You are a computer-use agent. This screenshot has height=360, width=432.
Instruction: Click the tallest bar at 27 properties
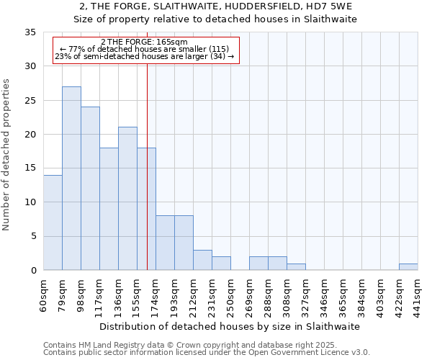[x=71, y=179]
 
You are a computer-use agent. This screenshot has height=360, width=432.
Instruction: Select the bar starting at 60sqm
[x=53, y=222]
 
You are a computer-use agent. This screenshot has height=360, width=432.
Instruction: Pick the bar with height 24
[x=90, y=189]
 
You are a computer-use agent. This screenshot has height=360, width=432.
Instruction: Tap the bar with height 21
[x=127, y=199]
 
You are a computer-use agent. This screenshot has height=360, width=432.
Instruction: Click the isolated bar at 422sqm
[x=408, y=267]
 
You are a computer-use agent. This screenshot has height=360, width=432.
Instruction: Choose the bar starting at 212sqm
[x=202, y=260]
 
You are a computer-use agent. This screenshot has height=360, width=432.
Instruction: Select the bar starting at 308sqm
[x=296, y=267]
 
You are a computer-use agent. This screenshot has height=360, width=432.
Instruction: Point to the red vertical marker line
[x=147, y=180]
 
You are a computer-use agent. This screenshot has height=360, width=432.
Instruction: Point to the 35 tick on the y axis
[x=30, y=32]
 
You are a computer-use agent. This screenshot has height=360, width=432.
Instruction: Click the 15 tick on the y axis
[x=30, y=168]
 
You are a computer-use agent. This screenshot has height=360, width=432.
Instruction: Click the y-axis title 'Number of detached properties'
[x=7, y=155]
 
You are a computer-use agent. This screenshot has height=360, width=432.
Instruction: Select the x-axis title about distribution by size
[x=230, y=326]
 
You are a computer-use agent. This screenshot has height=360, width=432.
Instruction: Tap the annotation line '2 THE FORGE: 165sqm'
[x=145, y=42]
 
